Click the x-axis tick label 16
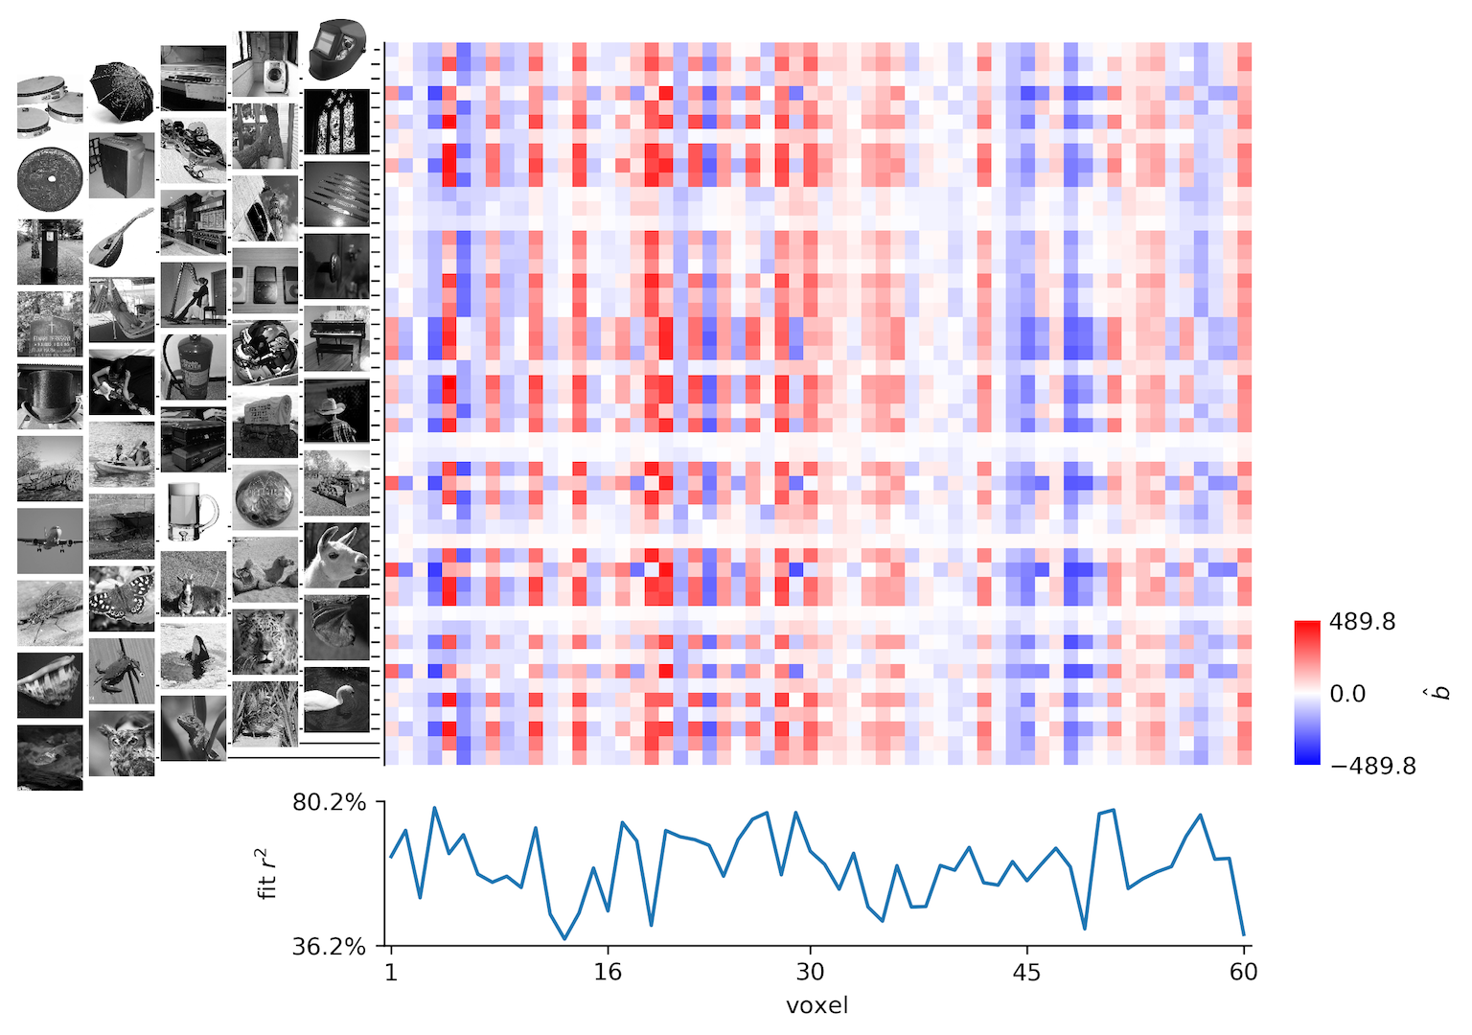[x=608, y=972]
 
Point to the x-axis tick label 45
[x=1026, y=972]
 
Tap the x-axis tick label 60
[x=1243, y=972]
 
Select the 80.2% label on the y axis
[x=329, y=802]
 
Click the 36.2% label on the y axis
[x=329, y=947]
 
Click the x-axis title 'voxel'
[x=816, y=1005]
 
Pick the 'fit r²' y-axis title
[x=267, y=873]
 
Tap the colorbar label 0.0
[x=1346, y=694]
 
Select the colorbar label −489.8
[x=1372, y=766]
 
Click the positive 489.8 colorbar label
[x=1362, y=622]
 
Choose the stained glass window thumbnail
[x=336, y=122]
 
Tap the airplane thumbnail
[x=50, y=540]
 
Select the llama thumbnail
[x=336, y=555]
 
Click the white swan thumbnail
[x=336, y=699]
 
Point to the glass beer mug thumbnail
[x=194, y=511]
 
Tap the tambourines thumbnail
[x=50, y=104]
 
